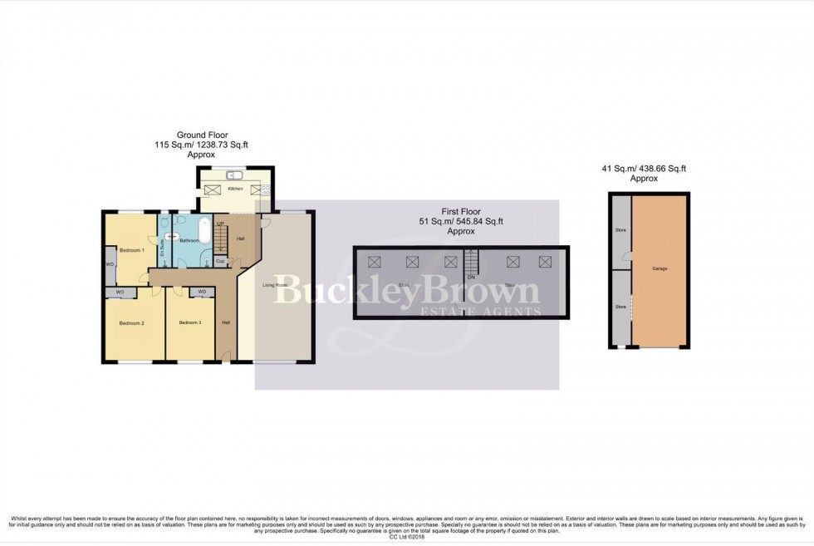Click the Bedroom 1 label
pos(131,250)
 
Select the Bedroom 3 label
pos(189,322)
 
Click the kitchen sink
pos(233,175)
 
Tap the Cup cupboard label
pos(220,261)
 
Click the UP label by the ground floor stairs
pos(220,224)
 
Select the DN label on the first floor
pos(470,277)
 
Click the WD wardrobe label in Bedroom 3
pos(202,292)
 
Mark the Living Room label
pos(276,285)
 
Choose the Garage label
pos(660,268)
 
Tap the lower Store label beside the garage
pos(620,307)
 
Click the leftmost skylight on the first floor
pos(375,263)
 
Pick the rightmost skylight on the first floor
pos(545,263)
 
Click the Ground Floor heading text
pos(202,135)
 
